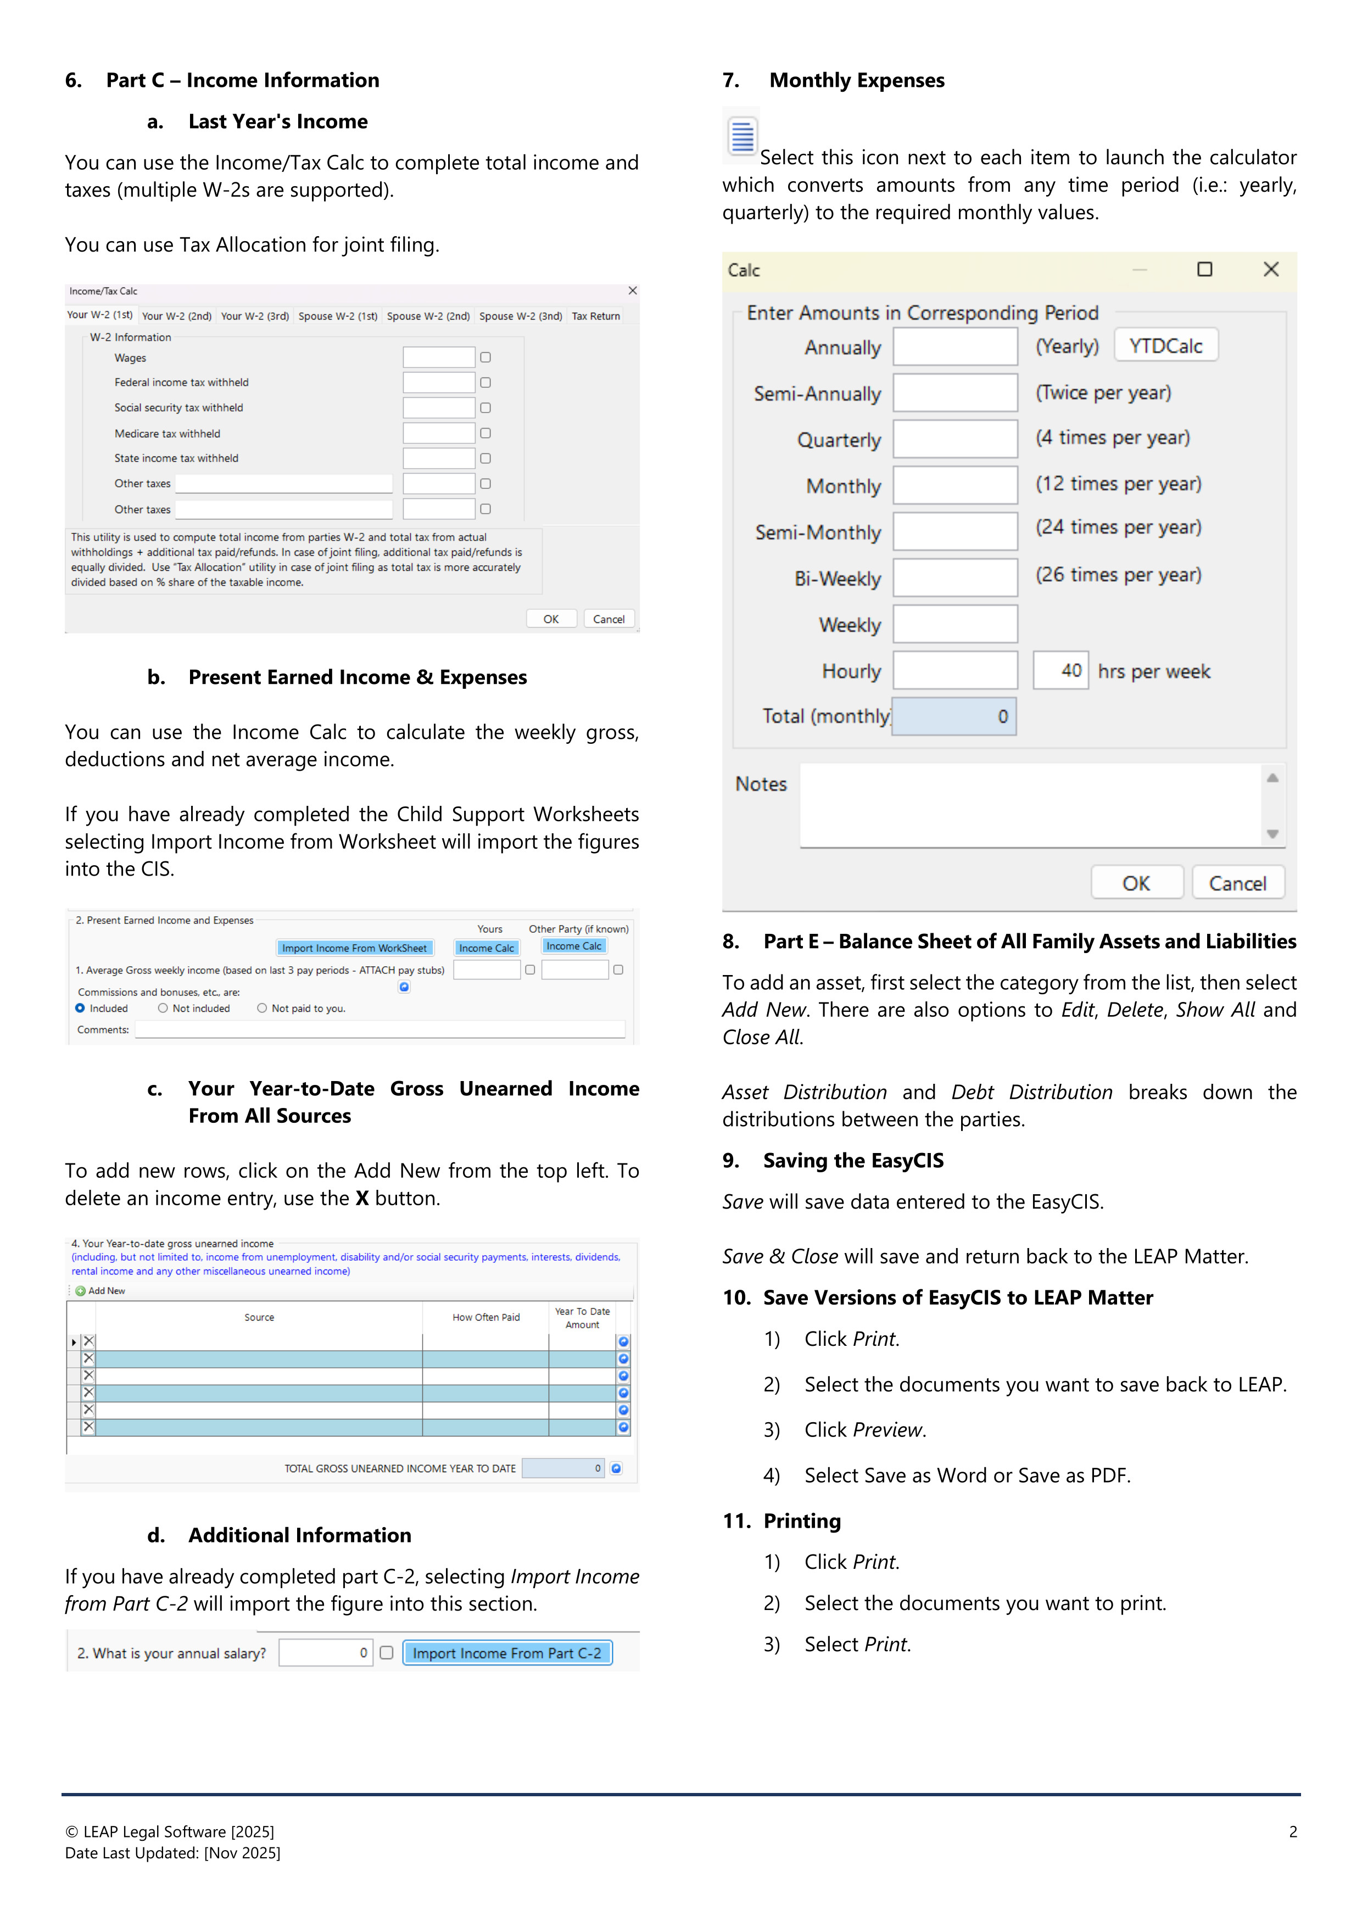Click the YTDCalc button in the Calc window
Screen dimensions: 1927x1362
[x=1165, y=346]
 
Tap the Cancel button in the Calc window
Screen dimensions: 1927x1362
[x=1236, y=883]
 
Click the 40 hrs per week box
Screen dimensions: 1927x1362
[x=1060, y=671]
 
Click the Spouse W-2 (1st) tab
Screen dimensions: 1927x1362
[x=337, y=316]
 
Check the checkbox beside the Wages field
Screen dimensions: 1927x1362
[x=485, y=358]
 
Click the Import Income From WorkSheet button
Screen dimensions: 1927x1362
[x=354, y=948]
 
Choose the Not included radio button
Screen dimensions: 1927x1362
[x=163, y=1008]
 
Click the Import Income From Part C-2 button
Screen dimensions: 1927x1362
[x=507, y=1652]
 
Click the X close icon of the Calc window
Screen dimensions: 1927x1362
[x=1270, y=269]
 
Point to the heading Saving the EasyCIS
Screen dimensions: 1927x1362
[x=852, y=1161]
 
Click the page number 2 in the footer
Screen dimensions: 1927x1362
[x=1292, y=1831]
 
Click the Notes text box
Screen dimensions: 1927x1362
[x=1030, y=805]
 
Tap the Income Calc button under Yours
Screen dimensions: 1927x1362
[x=486, y=948]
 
